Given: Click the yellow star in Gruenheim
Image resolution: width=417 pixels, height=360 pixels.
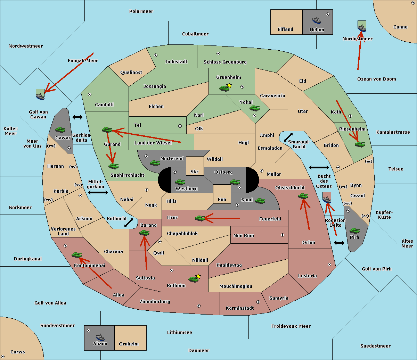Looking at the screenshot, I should click(229, 85).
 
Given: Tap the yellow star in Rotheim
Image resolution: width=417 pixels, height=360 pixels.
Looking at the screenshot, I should click(198, 276).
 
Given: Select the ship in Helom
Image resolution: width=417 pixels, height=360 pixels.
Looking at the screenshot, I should click(317, 20).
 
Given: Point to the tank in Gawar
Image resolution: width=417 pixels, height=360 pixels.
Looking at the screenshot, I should click(60, 130).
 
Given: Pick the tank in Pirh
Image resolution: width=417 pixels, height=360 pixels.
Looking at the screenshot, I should click(354, 231).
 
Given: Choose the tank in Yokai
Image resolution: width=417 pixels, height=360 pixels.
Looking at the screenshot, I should click(255, 108).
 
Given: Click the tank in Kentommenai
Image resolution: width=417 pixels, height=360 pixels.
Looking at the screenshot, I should click(76, 255).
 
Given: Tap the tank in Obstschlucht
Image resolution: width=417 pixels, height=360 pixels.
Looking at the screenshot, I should click(303, 196).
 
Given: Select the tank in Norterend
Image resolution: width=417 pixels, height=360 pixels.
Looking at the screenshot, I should click(155, 163).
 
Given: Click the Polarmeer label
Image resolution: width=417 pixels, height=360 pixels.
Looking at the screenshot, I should click(141, 11).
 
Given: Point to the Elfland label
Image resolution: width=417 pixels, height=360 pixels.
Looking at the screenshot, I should click(285, 30).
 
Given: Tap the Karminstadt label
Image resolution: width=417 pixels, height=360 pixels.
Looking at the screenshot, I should click(240, 308).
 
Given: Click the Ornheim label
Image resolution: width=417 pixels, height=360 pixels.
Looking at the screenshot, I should click(129, 344).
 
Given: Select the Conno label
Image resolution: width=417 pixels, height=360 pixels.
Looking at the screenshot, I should click(400, 27).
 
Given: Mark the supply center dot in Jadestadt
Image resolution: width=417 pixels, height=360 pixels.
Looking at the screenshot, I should click(156, 55).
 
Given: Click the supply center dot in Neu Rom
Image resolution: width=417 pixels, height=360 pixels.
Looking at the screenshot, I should click(283, 235).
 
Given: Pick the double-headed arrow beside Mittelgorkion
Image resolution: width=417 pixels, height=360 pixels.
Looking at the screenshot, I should click(98, 192).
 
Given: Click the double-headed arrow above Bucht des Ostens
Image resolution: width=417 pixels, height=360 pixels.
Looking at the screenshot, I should click(319, 168).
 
